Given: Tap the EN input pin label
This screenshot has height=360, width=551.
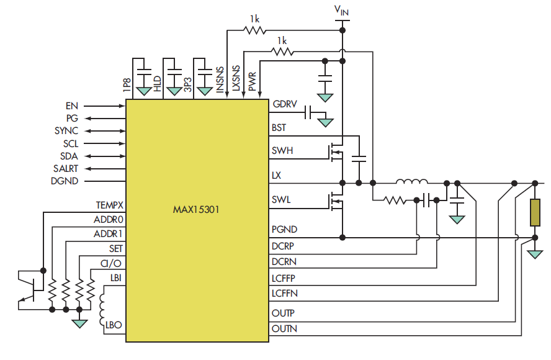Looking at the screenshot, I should pyautogui.click(x=72, y=106).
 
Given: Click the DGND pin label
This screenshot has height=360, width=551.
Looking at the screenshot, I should pyautogui.click(x=63, y=181).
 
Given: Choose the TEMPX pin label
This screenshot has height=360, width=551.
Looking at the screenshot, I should pyautogui.click(x=109, y=204).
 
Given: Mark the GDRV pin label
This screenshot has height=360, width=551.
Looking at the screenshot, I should pyautogui.click(x=283, y=104).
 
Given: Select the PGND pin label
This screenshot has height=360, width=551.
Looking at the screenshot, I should pyautogui.click(x=283, y=230).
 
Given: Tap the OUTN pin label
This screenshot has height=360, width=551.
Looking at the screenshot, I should pyautogui.click(x=284, y=329).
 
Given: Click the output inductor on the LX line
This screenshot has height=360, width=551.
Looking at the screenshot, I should pyautogui.click(x=412, y=182).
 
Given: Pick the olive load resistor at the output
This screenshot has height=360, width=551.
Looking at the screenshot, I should pyautogui.click(x=534, y=212).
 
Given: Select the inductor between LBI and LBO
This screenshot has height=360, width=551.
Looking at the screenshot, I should pyautogui.click(x=102, y=308).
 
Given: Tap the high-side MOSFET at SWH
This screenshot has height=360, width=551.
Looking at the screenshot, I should pyautogui.click(x=336, y=151).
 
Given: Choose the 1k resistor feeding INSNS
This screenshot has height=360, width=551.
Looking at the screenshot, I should pyautogui.click(x=255, y=29).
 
